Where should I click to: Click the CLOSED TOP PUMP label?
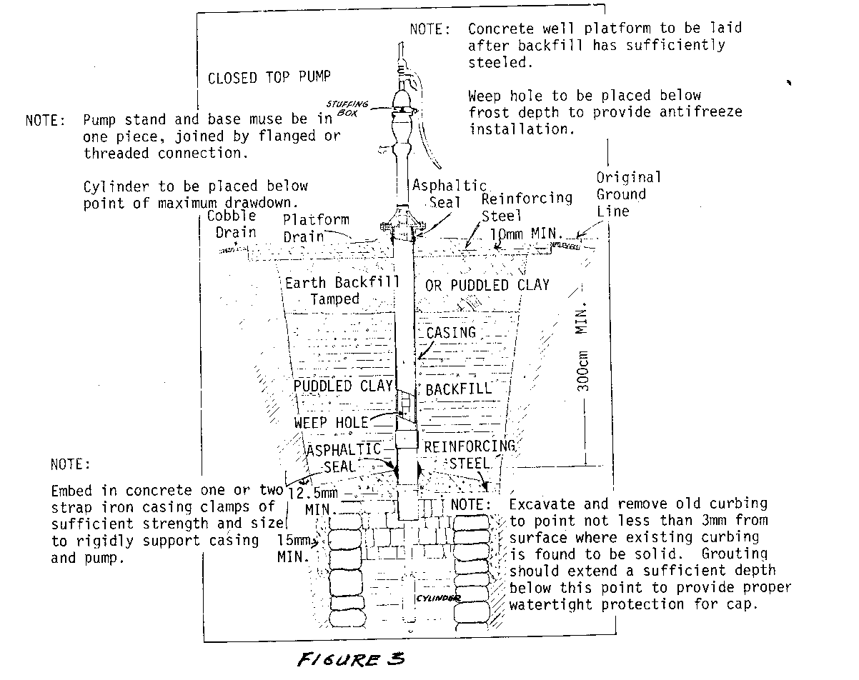click(x=269, y=78)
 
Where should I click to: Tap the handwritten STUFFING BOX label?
click(x=353, y=107)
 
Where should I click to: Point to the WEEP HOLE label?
click(x=331, y=423)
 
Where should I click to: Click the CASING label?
click(x=450, y=333)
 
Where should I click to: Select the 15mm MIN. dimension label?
click(x=294, y=548)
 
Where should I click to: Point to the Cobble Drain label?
click(x=235, y=224)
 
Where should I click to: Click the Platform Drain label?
click(x=315, y=229)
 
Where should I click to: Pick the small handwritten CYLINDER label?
click(x=436, y=599)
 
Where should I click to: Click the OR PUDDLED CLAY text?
click(x=487, y=285)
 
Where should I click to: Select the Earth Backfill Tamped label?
click(x=342, y=291)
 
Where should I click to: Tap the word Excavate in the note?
click(x=539, y=504)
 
